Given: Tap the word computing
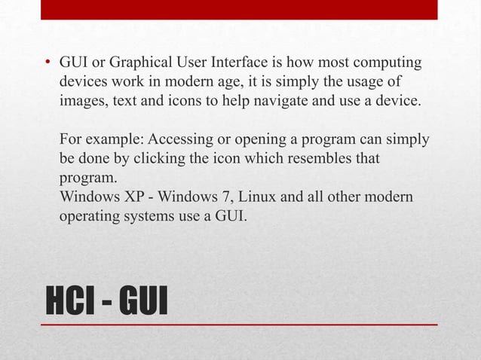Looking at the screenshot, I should pyautogui.click(x=387, y=62).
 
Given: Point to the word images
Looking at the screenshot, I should pyautogui.click(x=81, y=101).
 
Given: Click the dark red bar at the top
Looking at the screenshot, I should pyautogui.click(x=239, y=10).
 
